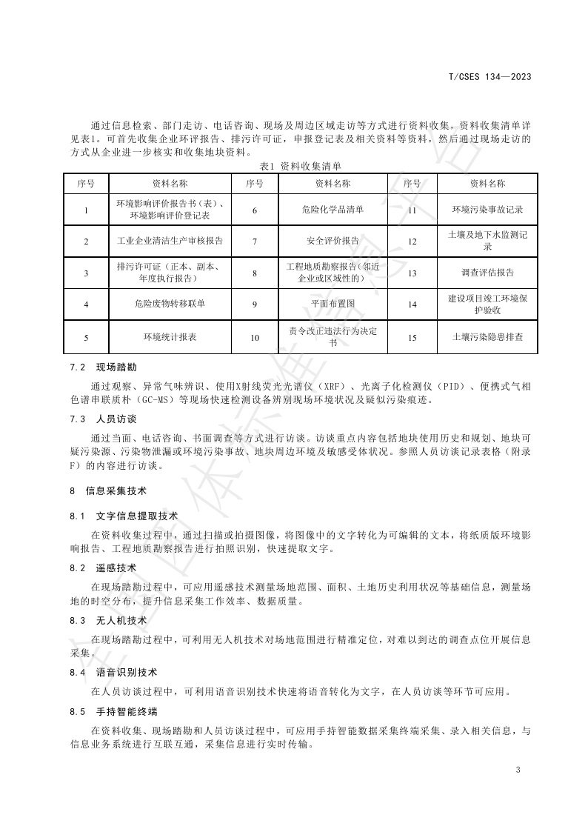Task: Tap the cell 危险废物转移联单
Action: coord(170,304)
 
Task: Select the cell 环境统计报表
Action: coord(170,337)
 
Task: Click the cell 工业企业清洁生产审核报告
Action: coord(170,242)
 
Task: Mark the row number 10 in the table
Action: coord(255,337)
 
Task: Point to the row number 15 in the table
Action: coord(412,337)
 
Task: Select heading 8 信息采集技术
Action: coord(108,490)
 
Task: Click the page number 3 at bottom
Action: coord(518,771)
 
